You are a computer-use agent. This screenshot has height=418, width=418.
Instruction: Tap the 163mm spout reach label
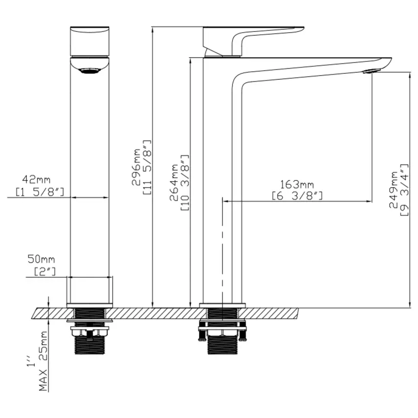click(297, 185)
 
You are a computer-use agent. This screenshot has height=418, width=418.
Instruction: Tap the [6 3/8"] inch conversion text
click(297, 196)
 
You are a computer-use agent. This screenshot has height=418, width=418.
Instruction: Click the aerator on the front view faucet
click(90, 71)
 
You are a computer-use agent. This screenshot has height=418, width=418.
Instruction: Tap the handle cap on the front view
click(89, 41)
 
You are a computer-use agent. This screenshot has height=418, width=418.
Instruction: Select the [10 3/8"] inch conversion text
click(185, 181)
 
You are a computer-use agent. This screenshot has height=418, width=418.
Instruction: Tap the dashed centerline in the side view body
click(222, 244)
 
